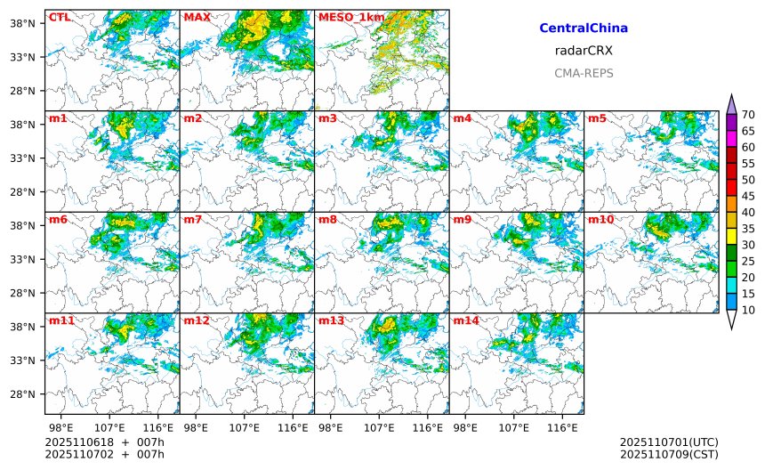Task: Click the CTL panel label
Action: pos(60,17)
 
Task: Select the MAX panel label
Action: pos(197,17)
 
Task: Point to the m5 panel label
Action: pos(598,118)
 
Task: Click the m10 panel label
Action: pos(600,219)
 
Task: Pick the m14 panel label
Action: pos(466,320)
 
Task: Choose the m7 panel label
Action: pos(193,219)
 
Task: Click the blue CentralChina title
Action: pos(584,28)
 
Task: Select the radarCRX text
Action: pos(584,51)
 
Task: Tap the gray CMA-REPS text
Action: pos(584,73)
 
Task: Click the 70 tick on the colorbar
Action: pos(748,114)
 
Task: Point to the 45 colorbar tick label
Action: pos(748,196)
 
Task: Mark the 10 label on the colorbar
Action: pos(748,310)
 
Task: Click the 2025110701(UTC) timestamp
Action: pos(669,442)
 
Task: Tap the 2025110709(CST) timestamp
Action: pos(669,455)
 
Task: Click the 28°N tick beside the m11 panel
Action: pos(23,394)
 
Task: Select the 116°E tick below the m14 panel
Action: pos(562,427)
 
